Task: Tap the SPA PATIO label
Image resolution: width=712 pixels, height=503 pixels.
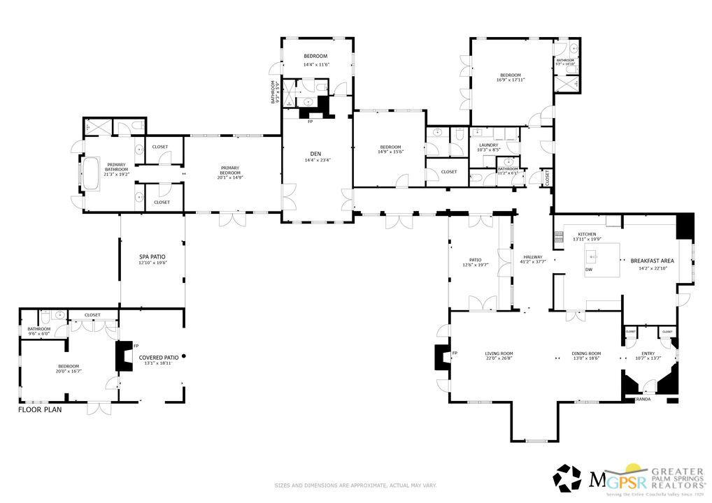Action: point(152,257)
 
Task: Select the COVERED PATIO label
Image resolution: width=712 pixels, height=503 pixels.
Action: point(159,357)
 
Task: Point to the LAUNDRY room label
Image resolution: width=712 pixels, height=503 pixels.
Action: point(488,145)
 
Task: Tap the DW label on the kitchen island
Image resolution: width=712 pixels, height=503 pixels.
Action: point(589,270)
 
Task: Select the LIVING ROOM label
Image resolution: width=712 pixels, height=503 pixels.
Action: point(499,353)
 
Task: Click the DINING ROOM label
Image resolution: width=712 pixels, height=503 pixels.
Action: point(586,353)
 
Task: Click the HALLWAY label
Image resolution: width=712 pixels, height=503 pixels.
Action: point(533,257)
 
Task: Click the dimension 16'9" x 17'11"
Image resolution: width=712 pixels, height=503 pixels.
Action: point(511,80)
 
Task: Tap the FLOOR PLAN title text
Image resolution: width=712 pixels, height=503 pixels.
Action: point(40,410)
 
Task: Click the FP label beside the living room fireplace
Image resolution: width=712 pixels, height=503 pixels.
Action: point(455,353)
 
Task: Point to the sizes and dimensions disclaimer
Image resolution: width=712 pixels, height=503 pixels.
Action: point(355,485)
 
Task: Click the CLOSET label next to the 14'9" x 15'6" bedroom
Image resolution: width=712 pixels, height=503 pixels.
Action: point(448,172)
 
